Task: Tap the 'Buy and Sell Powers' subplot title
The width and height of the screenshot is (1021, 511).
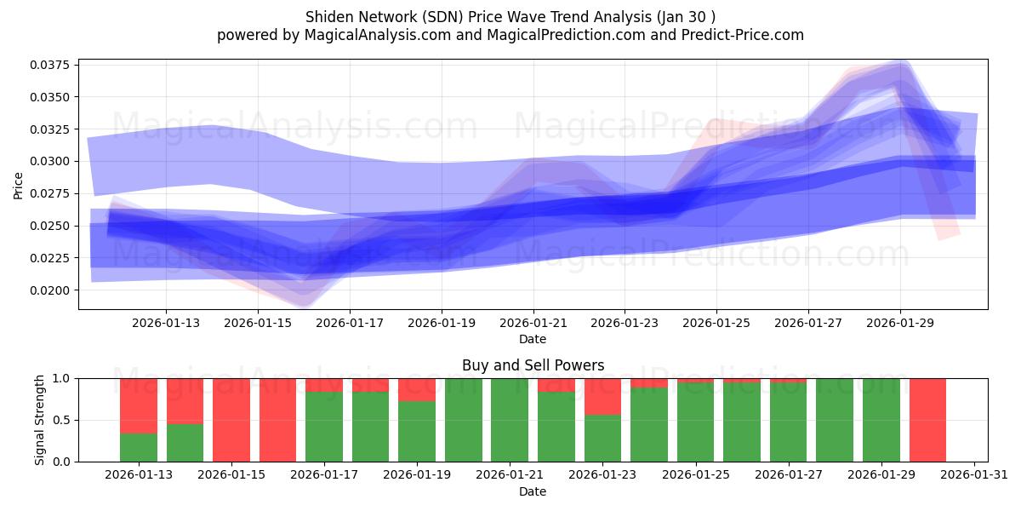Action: click(x=533, y=365)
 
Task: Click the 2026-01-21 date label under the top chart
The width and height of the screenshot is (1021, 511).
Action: click(x=533, y=324)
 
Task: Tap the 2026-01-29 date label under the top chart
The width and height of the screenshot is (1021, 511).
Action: click(x=900, y=324)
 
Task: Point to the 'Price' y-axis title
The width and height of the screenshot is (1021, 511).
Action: click(x=19, y=185)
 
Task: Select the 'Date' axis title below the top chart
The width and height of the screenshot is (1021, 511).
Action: click(x=533, y=339)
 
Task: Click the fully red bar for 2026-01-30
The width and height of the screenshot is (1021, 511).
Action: click(x=927, y=420)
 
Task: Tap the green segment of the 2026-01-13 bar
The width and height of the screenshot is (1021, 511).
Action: click(x=139, y=447)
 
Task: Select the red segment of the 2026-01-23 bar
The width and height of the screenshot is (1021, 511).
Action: click(x=602, y=396)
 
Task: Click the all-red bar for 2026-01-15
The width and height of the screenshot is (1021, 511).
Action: click(x=231, y=420)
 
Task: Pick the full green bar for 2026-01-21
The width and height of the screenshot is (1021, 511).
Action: click(x=510, y=420)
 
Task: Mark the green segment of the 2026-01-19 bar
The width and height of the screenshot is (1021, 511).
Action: click(x=417, y=431)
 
